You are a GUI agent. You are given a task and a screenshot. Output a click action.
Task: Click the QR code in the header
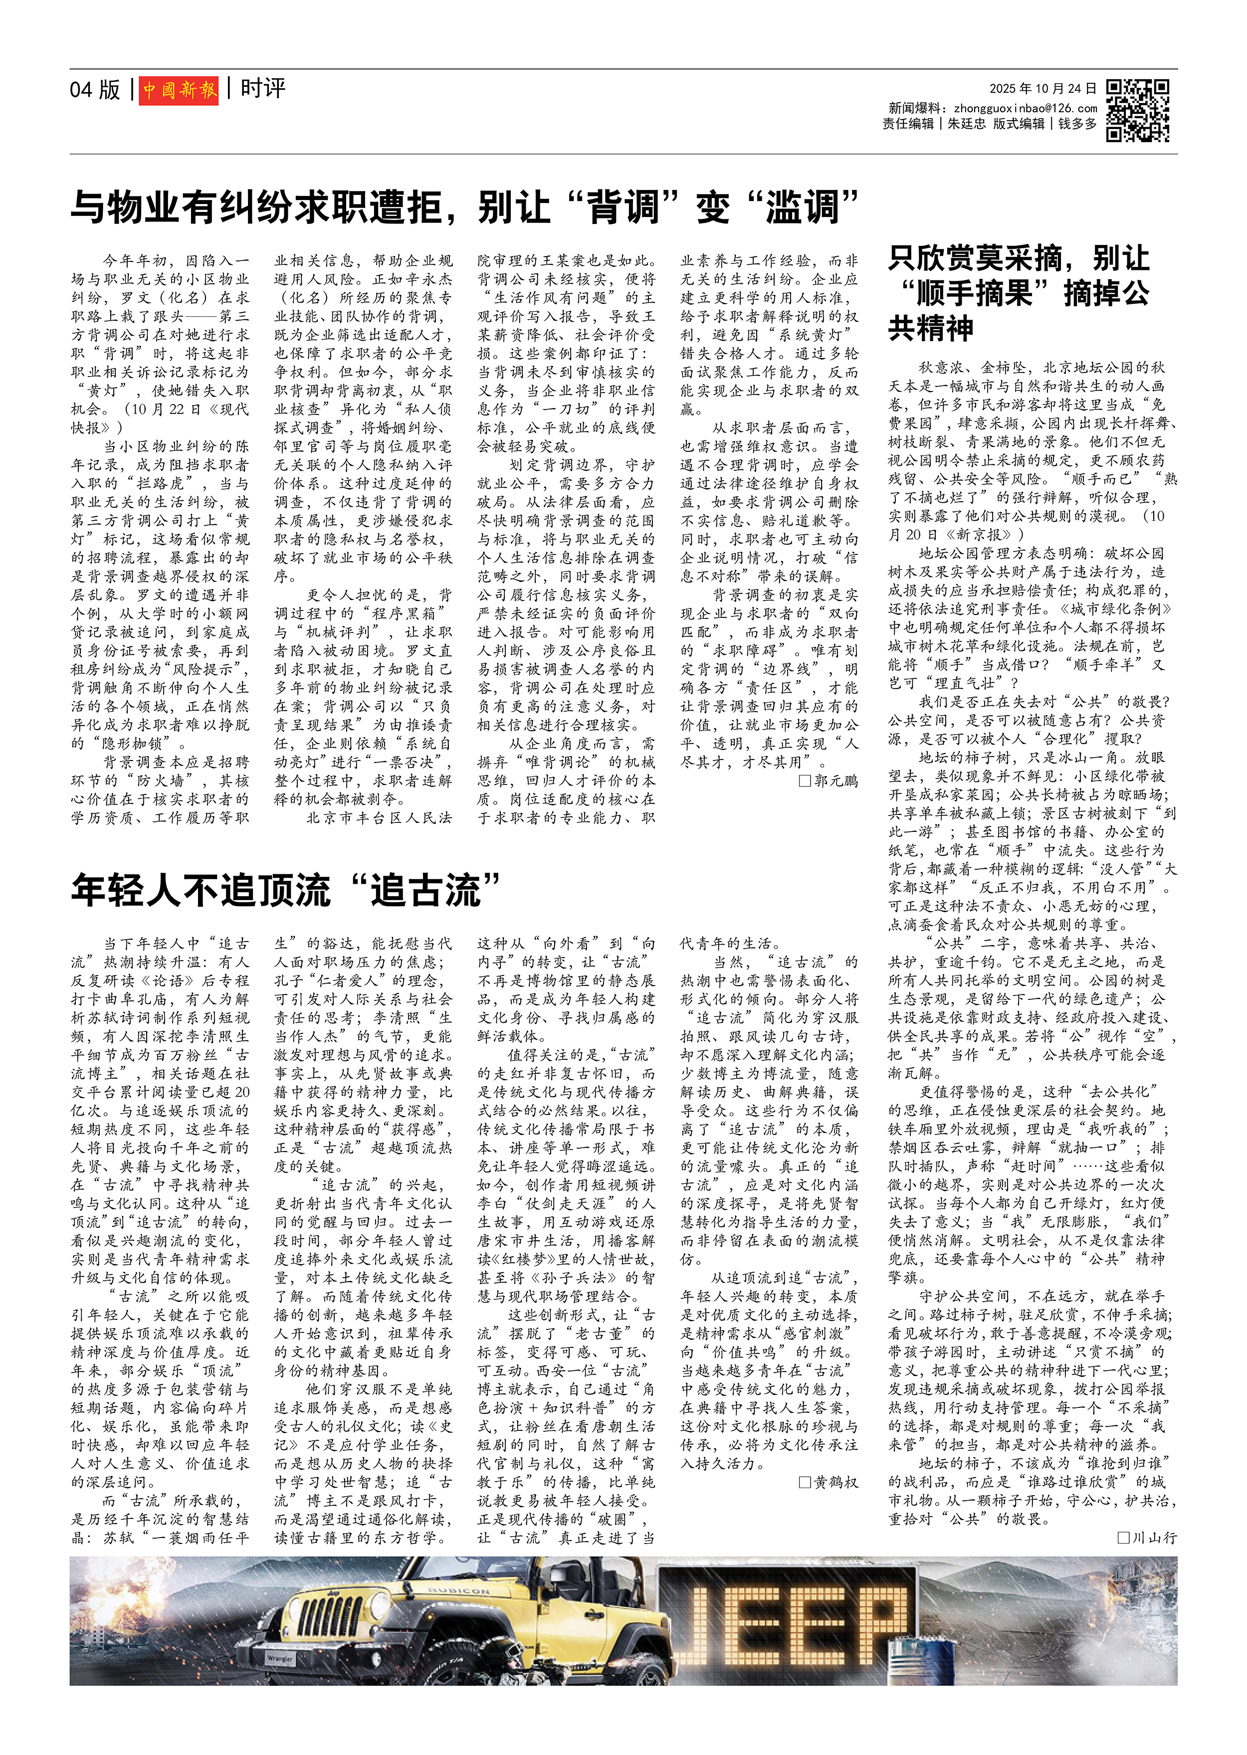1137,111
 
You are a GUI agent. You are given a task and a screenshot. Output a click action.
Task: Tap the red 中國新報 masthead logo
179,91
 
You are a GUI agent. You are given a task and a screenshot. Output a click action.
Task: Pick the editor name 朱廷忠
966,124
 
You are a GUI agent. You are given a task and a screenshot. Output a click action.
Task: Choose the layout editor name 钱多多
1077,124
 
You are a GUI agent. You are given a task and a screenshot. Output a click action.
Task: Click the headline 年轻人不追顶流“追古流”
286,891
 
